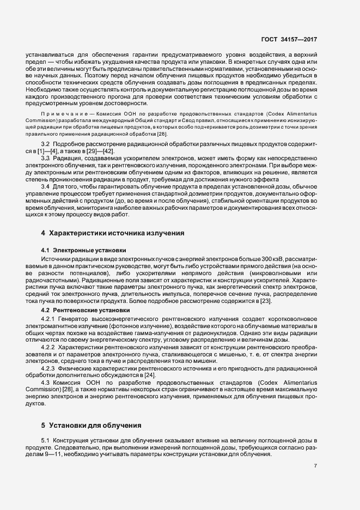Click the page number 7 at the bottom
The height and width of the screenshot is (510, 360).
(x=316, y=465)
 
